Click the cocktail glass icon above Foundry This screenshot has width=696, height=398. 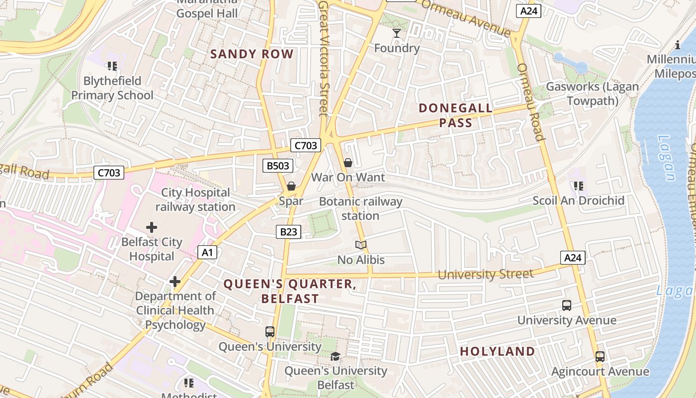click(396, 33)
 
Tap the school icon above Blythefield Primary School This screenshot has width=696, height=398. click(112, 66)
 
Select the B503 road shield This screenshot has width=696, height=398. click(278, 166)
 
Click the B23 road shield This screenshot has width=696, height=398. click(288, 231)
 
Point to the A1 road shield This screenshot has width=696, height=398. click(207, 252)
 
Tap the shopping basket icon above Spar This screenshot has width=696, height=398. click(291, 186)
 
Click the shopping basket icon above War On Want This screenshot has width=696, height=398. click(348, 162)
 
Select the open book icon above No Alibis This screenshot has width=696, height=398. click(361, 245)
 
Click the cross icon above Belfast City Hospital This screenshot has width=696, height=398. click(152, 227)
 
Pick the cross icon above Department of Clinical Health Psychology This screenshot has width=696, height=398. click(174, 282)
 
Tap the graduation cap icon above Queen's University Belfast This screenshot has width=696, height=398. click(336, 356)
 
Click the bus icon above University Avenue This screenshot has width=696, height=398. click(566, 305)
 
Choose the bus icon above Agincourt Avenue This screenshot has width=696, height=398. click(600, 357)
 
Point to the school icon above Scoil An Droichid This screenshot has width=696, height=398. click(578, 186)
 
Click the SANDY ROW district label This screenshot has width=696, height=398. click(252, 54)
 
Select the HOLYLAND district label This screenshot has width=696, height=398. click(497, 351)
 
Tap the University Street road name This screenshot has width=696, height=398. click(485, 274)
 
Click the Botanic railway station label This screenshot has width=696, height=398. click(360, 208)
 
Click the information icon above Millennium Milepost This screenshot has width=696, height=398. click(678, 45)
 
